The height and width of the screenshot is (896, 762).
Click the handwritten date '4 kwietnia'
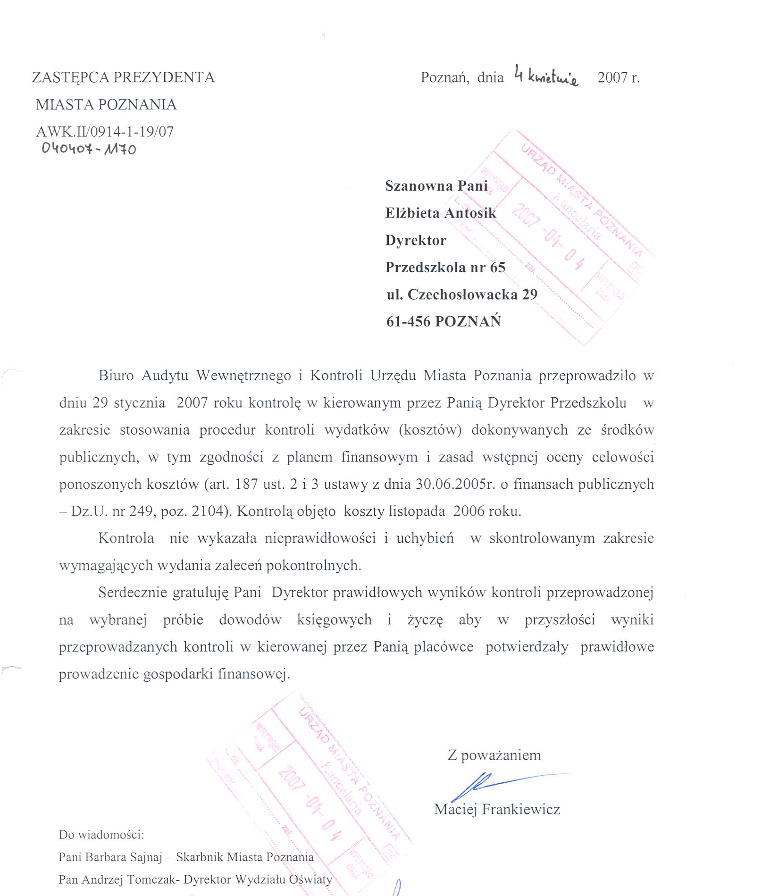click(x=546, y=76)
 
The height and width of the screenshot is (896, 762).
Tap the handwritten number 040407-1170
click(x=89, y=149)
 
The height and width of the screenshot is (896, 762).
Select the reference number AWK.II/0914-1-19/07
click(x=105, y=132)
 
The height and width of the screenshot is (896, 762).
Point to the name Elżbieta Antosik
click(x=441, y=213)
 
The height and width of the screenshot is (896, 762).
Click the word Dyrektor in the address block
click(x=416, y=241)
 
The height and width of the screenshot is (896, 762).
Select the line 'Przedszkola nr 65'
click(x=445, y=268)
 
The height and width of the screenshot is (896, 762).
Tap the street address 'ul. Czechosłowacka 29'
click(x=462, y=295)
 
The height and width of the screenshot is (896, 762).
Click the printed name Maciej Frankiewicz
click(x=497, y=810)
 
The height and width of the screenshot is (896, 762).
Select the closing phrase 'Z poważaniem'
click(x=494, y=755)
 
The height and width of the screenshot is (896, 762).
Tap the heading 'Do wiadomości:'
click(x=101, y=835)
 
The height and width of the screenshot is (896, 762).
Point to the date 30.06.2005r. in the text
click(x=455, y=484)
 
